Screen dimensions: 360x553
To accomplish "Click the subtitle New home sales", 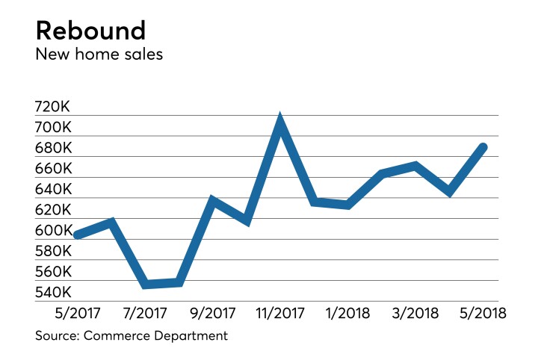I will pyautogui.click(x=99, y=55).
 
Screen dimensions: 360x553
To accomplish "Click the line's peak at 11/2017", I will pyautogui.click(x=279, y=121).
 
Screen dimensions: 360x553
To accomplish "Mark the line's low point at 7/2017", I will pyautogui.click(x=145, y=285).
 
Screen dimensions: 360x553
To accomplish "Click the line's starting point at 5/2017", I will pyautogui.click(x=76, y=235).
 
